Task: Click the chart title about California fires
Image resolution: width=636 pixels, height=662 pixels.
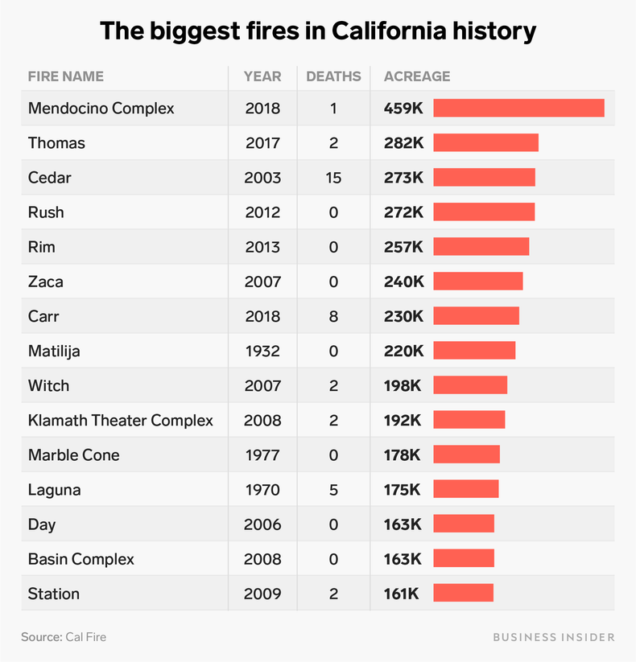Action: (x=318, y=31)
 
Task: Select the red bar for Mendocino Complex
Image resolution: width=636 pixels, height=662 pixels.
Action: (x=518, y=108)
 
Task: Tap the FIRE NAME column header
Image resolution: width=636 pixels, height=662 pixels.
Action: (x=66, y=76)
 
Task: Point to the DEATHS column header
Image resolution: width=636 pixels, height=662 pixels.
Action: (x=333, y=76)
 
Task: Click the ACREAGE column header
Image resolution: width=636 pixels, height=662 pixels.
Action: (x=417, y=76)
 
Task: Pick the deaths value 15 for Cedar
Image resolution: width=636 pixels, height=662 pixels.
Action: (x=333, y=178)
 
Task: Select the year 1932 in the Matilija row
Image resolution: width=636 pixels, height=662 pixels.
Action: (x=262, y=351)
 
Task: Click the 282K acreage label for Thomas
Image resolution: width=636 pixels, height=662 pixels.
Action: (x=403, y=143)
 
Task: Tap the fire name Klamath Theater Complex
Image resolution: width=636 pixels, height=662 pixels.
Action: (x=121, y=420)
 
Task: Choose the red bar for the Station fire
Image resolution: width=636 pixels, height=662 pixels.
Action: (x=463, y=594)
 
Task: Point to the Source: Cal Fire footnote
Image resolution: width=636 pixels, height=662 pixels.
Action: (x=64, y=637)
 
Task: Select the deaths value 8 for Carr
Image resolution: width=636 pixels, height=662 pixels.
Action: (x=333, y=316)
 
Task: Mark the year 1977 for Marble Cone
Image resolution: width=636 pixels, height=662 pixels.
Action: (x=262, y=454)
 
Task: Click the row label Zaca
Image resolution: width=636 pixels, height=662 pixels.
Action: (x=46, y=282)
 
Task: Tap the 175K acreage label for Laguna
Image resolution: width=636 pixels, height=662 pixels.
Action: (x=403, y=489)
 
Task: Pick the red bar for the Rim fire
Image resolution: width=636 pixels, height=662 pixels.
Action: (x=481, y=247)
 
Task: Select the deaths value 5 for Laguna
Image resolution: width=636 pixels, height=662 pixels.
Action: (x=333, y=489)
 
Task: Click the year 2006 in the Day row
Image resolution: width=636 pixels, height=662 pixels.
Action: (x=262, y=524)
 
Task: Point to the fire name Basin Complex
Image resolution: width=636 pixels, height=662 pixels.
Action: (x=81, y=559)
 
